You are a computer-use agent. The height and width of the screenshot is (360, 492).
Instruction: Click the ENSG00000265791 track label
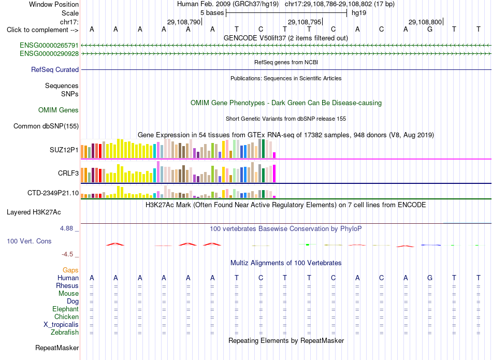[49, 46]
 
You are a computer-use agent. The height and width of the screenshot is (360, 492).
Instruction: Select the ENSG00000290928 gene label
[49, 54]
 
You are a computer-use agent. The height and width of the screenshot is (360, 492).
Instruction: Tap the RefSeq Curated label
[55, 70]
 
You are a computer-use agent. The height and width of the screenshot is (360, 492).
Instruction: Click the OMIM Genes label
[59, 110]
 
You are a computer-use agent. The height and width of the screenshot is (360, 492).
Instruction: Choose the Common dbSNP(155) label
[46, 126]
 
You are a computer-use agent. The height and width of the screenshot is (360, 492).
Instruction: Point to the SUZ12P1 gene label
[64, 150]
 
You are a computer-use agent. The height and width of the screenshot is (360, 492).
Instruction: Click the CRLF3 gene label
[68, 173]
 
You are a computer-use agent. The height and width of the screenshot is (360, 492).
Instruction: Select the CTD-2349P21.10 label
[53, 193]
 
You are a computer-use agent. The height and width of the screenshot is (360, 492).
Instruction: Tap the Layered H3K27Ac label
[34, 212]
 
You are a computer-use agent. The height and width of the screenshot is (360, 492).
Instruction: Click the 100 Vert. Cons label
[29, 241]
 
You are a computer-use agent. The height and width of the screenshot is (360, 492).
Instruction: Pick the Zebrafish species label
[65, 333]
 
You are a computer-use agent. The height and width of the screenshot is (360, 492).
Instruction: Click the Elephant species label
[66, 309]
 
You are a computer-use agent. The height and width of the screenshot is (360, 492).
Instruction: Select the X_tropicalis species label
[61, 325]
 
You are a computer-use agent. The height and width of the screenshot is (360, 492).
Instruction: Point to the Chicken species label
[66, 317]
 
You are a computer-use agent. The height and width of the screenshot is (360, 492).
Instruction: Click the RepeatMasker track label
[57, 348]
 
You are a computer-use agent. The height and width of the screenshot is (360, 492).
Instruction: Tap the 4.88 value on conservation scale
[66, 228]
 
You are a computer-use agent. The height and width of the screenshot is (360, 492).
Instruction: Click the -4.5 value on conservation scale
[67, 254]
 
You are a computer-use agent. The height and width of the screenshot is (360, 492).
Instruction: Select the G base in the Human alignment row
[430, 278]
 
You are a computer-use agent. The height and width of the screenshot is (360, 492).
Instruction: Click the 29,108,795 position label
[305, 22]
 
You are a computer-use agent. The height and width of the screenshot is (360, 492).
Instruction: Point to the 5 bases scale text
[212, 13]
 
